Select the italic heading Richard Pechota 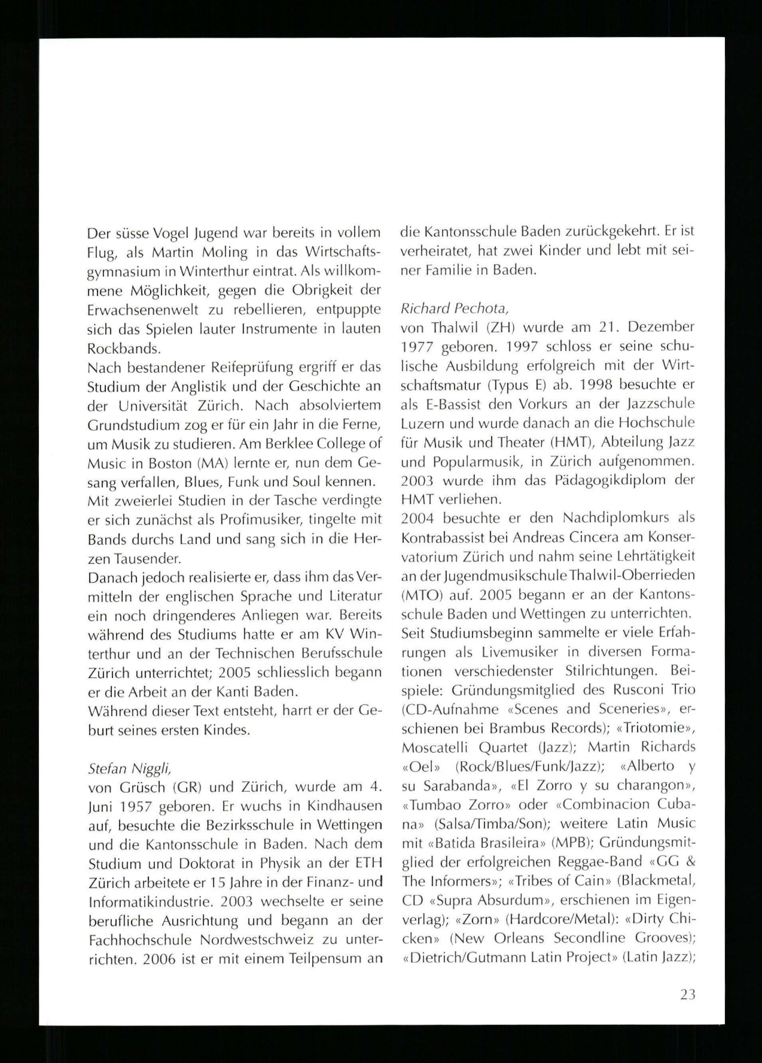tap(453, 308)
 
